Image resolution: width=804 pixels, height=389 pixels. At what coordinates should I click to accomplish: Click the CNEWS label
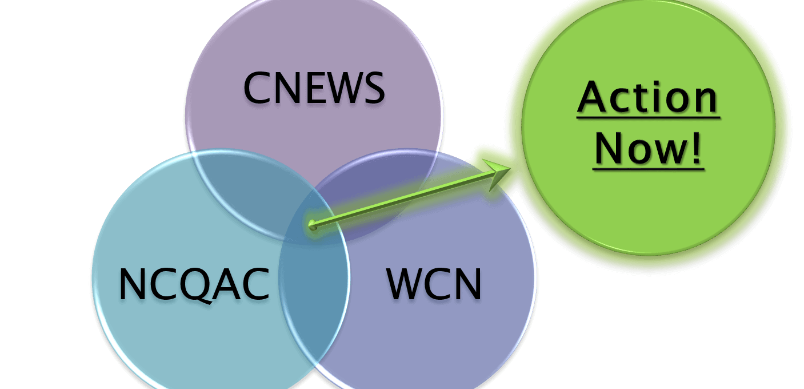(314, 89)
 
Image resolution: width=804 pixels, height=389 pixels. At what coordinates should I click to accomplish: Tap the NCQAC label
(194, 285)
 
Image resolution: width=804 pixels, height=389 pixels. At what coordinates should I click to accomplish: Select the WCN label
(434, 284)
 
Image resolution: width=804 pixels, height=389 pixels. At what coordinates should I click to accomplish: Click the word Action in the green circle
(647, 98)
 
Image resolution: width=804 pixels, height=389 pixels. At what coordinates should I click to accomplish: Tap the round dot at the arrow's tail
(313, 225)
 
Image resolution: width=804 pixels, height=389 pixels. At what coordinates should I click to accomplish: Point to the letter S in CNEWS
(372, 89)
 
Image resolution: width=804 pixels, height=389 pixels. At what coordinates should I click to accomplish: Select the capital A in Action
(592, 98)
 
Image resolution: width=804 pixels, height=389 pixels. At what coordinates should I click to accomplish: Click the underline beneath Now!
(648, 168)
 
